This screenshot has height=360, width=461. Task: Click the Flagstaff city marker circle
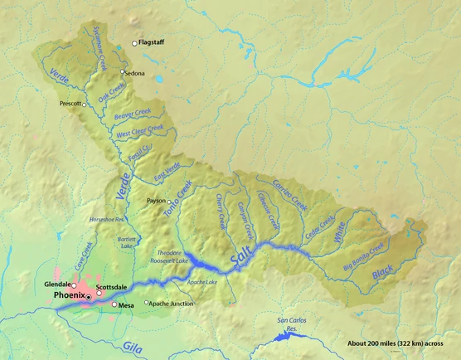135,44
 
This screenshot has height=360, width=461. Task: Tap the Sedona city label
134,73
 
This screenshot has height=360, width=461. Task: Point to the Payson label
155,201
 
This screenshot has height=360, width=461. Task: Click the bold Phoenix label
68,294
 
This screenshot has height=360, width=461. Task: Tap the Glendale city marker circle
73,285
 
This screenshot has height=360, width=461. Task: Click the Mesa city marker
114,304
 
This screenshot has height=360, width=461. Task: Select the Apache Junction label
172,304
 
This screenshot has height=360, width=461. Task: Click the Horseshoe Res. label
108,220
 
